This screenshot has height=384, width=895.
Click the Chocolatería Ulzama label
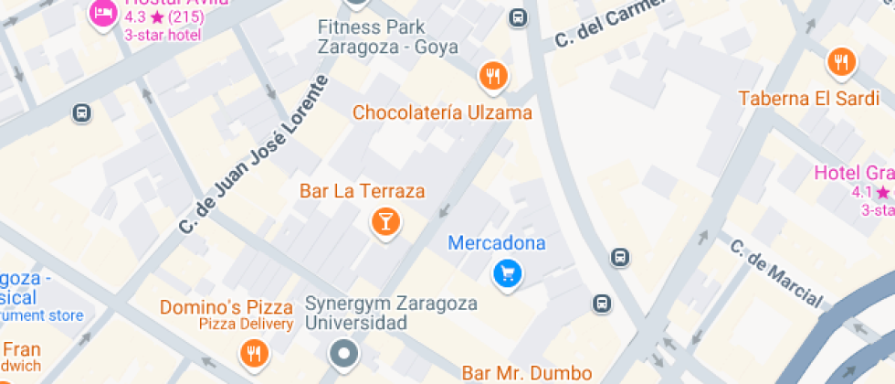tap(442, 113)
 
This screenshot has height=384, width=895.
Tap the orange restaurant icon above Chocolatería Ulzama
tap(493, 76)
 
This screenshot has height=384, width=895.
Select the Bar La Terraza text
tap(363, 192)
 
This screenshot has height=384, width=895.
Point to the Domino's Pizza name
tap(226, 307)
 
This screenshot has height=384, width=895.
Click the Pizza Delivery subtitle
tap(247, 325)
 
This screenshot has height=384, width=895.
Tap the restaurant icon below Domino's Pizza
tap(253, 353)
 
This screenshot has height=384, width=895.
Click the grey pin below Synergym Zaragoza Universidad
tap(343, 352)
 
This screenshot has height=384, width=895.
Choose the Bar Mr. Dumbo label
tap(527, 373)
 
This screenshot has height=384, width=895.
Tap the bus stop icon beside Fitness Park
tap(519, 16)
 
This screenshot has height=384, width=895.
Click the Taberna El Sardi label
tap(809, 99)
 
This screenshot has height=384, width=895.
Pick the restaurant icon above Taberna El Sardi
tap(840, 62)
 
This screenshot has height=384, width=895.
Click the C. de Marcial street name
tap(777, 272)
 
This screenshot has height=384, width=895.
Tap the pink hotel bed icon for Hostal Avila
tap(102, 13)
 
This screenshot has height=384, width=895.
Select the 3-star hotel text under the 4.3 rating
tap(163, 35)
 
